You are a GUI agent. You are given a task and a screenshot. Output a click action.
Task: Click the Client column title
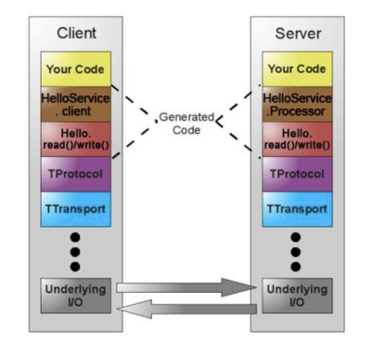pos(77,33)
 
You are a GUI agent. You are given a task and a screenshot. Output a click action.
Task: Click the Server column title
pos(298,33)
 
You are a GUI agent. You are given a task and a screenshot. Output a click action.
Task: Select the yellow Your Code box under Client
pos(76,69)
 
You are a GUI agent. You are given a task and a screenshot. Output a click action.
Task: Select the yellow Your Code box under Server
pos(297,69)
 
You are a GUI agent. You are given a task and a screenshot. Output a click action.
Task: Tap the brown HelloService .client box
pos(76,104)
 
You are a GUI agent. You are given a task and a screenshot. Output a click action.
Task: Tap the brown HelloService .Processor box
pos(297,104)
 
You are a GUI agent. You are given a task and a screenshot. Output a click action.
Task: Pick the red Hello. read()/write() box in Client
pos(76,140)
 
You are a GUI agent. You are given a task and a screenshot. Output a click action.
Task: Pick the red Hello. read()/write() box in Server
pos(297,140)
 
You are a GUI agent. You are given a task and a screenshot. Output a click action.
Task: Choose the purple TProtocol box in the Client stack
pos(76,174)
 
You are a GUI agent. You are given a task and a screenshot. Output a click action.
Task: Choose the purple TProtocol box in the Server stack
pos(297,174)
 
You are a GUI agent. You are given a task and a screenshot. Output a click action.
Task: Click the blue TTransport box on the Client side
pos(76,209)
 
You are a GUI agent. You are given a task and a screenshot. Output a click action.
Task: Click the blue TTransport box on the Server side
pos(297,209)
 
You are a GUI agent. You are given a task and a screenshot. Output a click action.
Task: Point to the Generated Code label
pos(186,123)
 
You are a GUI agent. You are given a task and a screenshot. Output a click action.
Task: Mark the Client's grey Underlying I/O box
pos(76,296)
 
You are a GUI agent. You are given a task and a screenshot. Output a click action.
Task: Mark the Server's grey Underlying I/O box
pos(297,296)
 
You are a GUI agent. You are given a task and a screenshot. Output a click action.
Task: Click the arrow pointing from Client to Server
pos(186,288)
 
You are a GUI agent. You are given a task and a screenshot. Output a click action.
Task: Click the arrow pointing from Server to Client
pos(186,309)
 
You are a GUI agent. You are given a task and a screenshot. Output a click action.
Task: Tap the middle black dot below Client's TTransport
pos(75,252)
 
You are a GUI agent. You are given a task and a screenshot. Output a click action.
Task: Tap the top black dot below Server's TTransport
pos(296,238)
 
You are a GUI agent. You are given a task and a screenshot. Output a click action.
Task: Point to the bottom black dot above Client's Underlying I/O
pos(75,266)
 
